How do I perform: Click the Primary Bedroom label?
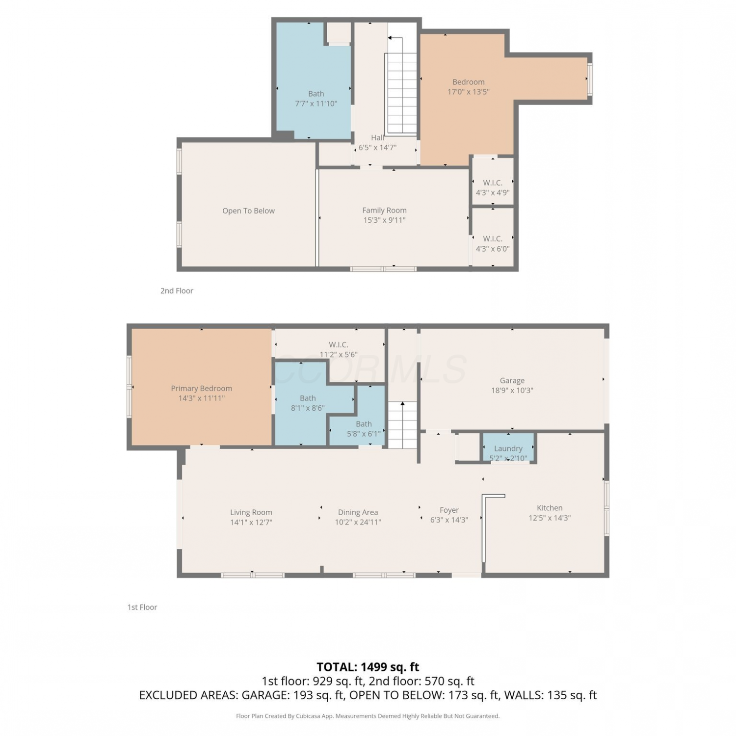pyautogui.click(x=201, y=388)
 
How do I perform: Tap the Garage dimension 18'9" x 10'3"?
pyautogui.click(x=512, y=391)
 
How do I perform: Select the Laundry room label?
pyautogui.click(x=508, y=448)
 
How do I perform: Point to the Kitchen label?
pyautogui.click(x=550, y=508)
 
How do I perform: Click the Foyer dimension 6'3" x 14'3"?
pyautogui.click(x=449, y=520)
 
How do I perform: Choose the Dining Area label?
pyautogui.click(x=358, y=512)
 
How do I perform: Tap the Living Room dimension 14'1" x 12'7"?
pyautogui.click(x=251, y=522)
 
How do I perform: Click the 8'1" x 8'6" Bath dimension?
pyautogui.click(x=308, y=408)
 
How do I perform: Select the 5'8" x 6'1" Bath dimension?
pyautogui.click(x=364, y=434)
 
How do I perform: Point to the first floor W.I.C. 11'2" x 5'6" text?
pyautogui.click(x=339, y=349)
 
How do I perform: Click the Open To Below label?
pyautogui.click(x=248, y=211)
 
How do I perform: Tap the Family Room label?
pyautogui.click(x=384, y=210)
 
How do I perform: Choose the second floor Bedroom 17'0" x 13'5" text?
pyautogui.click(x=469, y=87)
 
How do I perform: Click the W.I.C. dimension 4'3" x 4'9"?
pyautogui.click(x=493, y=193)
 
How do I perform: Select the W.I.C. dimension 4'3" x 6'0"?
pyautogui.click(x=493, y=249)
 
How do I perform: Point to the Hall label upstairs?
pyautogui.click(x=377, y=138)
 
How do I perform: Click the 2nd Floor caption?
pyautogui.click(x=177, y=290)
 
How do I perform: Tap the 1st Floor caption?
pyautogui.click(x=142, y=607)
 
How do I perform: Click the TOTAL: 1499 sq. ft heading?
pyautogui.click(x=368, y=667)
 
